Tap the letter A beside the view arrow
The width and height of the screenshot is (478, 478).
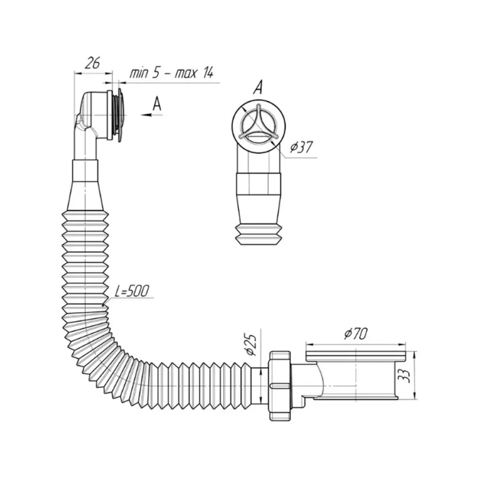tap(157, 104)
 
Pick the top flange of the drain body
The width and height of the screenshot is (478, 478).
tap(357, 352)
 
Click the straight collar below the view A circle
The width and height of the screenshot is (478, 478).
tap(258, 184)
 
